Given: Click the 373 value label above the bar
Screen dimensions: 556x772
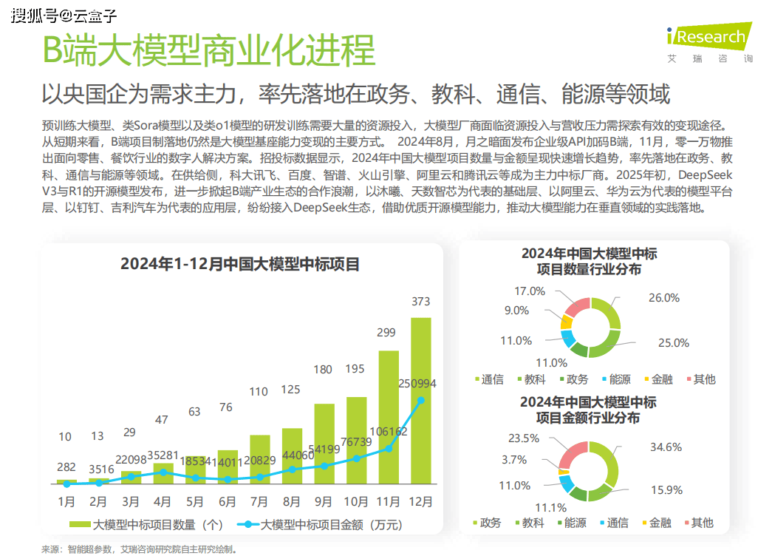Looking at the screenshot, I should coord(420,301).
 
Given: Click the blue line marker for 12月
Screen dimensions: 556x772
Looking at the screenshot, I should coord(421,401).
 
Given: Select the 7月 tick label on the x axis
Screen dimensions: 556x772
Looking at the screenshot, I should coord(259,501).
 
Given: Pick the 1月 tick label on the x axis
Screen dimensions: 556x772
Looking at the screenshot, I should coord(66,501).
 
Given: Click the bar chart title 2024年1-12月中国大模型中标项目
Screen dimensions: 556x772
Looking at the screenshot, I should coord(240,264).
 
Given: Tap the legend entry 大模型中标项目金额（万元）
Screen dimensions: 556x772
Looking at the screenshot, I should coord(322,525).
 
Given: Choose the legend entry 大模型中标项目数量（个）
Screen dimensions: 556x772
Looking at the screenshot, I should coord(148,525).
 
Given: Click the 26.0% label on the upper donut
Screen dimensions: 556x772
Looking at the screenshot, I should coord(663,298).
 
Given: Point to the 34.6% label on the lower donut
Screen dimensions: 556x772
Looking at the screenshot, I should coord(666,447).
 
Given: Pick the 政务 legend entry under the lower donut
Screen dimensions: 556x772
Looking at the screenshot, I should coord(484,523).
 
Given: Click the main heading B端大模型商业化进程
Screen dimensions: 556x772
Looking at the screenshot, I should coord(208,50).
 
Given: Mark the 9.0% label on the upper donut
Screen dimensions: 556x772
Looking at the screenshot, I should coord(516,311).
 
